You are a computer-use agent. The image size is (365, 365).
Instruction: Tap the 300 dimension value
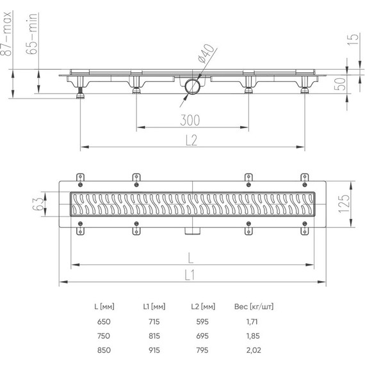[x=190, y=120]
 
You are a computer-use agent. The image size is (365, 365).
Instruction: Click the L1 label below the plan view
[x=191, y=275]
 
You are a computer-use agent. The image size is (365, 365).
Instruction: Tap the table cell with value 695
[x=202, y=336]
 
